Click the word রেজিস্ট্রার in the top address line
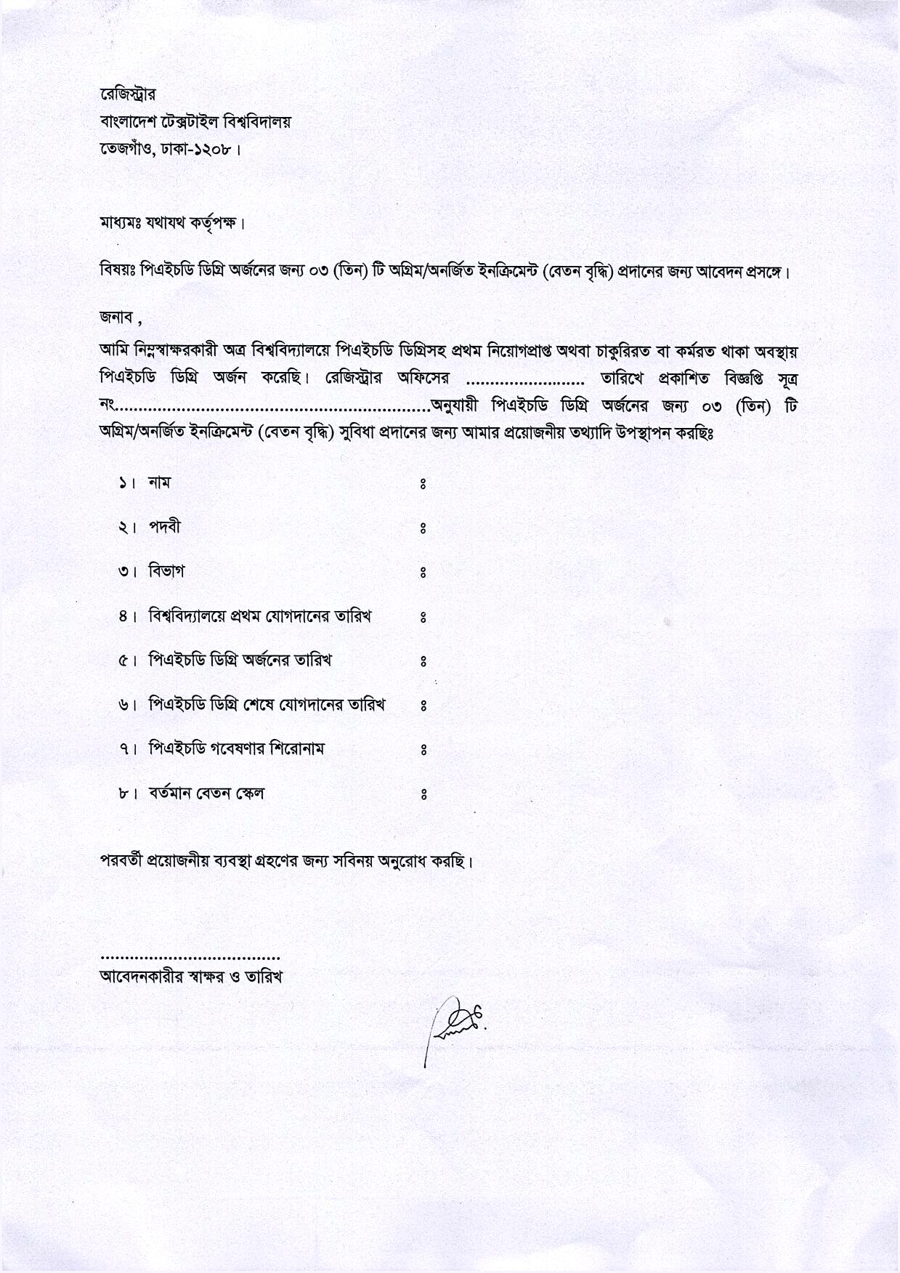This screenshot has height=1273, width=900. click(x=127, y=95)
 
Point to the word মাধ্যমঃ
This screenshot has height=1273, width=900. click(x=121, y=222)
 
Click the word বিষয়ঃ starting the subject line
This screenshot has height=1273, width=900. click(x=119, y=272)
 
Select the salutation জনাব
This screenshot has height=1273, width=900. click(x=116, y=317)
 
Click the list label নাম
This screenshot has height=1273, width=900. click(x=159, y=482)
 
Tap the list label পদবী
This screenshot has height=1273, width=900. click(x=164, y=527)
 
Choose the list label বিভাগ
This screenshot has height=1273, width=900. click(x=166, y=571)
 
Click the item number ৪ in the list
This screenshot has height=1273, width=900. click(x=123, y=617)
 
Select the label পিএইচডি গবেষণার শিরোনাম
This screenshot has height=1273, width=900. click(x=237, y=748)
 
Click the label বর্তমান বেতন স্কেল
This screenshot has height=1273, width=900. click(x=206, y=793)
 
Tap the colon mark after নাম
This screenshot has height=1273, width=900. click(x=423, y=484)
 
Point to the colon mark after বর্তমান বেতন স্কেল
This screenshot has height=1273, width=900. click(x=423, y=795)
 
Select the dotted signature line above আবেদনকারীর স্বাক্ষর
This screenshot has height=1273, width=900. click(x=190, y=958)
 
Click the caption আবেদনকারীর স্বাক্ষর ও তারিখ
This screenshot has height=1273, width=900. click(x=190, y=977)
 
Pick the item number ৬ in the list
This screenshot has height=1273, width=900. click(x=123, y=705)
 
